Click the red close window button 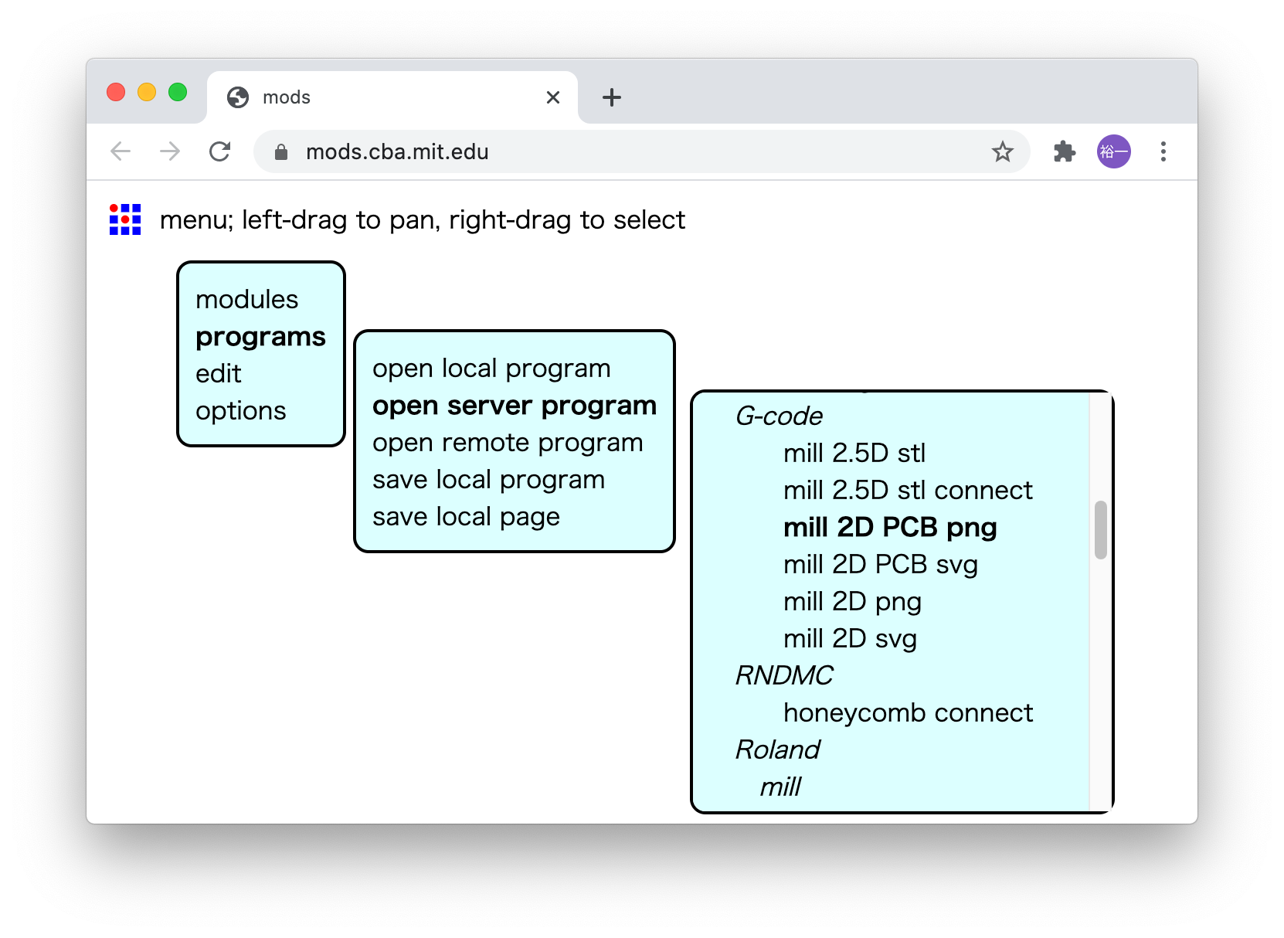[x=116, y=93]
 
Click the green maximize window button [x=178, y=93]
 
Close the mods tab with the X [x=553, y=97]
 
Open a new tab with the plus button [x=612, y=97]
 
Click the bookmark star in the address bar [x=1003, y=151]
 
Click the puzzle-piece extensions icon [x=1065, y=151]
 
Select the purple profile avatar [x=1114, y=151]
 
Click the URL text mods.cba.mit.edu [x=397, y=152]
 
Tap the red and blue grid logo [x=125, y=219]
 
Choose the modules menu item [x=246, y=300]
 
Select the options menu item [x=240, y=411]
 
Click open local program [x=491, y=369]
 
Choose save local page [x=466, y=517]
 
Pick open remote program [x=508, y=443]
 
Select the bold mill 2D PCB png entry [x=890, y=528]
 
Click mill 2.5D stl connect [x=908, y=491]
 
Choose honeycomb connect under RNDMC [x=908, y=713]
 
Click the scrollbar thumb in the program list [x=1101, y=530]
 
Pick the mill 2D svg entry [x=850, y=639]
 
